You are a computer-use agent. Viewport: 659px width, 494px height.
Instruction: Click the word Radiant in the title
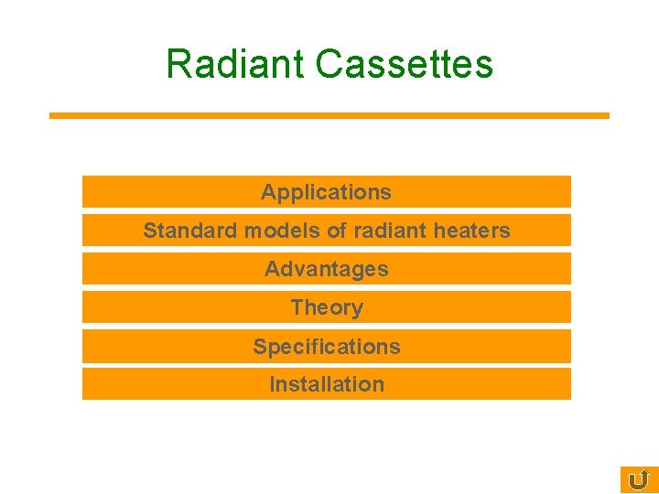coord(235,64)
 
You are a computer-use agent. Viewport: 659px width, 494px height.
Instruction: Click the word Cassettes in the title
coord(404,64)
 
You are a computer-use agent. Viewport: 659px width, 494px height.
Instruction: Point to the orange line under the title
coord(329,115)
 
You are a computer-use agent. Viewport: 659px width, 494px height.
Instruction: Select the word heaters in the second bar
coord(471,231)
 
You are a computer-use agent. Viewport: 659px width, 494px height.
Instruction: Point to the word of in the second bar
coord(337,231)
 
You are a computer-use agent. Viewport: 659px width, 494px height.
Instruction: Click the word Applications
coord(326,192)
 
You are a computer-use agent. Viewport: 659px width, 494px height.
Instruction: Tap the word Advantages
coord(326,269)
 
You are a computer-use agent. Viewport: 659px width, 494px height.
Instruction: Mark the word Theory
coord(327,307)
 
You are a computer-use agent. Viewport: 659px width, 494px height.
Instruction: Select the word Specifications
coord(327,347)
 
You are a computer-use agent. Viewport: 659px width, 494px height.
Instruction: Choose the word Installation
coord(327,384)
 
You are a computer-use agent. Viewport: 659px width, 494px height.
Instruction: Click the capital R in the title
coord(178,64)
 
